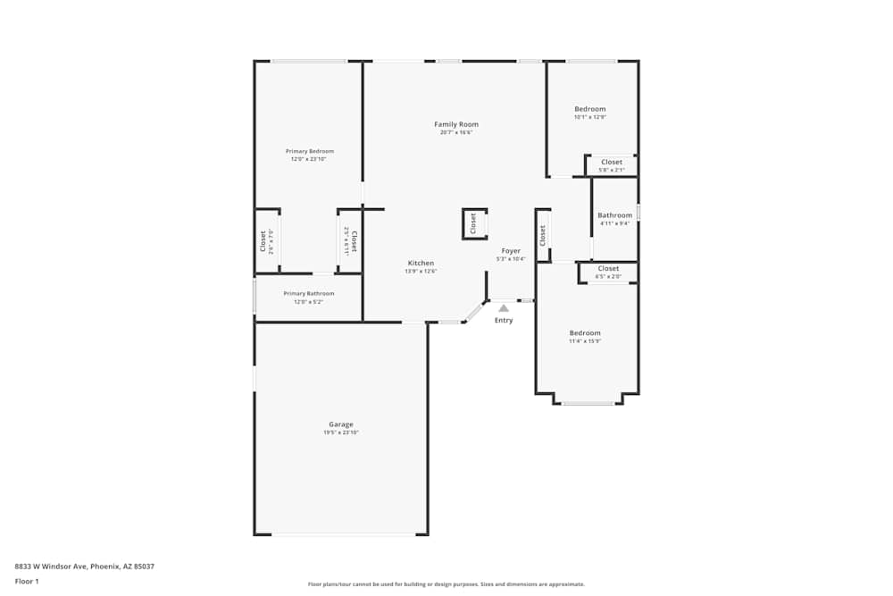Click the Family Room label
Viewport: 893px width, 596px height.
tap(456, 124)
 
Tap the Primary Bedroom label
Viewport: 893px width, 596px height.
tap(309, 151)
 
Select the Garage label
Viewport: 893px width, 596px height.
tap(341, 424)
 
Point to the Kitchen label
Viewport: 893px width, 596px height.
tap(421, 263)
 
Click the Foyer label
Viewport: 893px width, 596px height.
tap(511, 251)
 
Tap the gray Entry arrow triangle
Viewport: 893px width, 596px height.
tap(504, 307)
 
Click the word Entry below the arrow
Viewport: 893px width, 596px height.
tap(504, 320)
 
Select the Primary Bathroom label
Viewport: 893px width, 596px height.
tap(309, 293)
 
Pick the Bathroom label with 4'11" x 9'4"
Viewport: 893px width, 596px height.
tap(614, 215)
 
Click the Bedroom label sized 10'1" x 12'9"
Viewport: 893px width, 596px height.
tap(589, 109)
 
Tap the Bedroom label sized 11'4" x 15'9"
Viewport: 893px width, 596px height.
tap(585, 333)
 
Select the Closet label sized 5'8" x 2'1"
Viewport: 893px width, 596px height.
tap(612, 162)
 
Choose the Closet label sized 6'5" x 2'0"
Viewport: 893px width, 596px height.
tap(608, 268)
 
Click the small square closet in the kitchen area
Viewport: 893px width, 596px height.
tap(474, 223)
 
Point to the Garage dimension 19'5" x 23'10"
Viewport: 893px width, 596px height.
tap(341, 432)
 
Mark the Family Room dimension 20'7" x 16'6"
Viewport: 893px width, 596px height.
tap(456, 132)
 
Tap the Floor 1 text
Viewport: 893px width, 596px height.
tap(27, 581)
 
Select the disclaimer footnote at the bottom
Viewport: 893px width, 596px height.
tap(446, 583)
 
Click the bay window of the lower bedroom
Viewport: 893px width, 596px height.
tap(588, 403)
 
